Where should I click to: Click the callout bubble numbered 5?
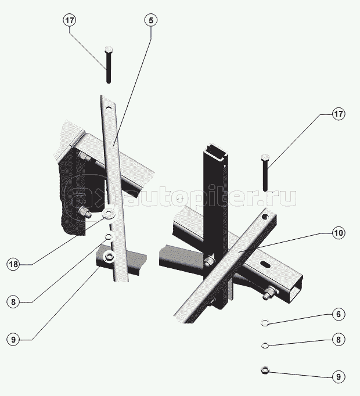click(x=151, y=20)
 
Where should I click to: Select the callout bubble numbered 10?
click(x=339, y=233)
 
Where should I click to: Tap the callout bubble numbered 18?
click(x=13, y=264)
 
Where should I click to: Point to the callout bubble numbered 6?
click(x=339, y=314)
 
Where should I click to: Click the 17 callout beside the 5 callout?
click(x=70, y=20)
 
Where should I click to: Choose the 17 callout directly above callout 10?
click(x=339, y=114)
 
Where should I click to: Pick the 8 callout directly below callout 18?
click(x=13, y=302)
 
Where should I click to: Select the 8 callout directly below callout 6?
click(x=339, y=340)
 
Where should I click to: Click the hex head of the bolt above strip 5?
click(x=109, y=49)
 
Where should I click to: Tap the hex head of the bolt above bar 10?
click(x=265, y=157)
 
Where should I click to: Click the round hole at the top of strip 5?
click(x=109, y=109)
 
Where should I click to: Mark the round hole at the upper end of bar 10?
click(x=265, y=217)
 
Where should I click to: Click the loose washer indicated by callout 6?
click(x=265, y=322)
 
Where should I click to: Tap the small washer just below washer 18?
click(x=109, y=237)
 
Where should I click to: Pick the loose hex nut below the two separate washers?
click(x=265, y=370)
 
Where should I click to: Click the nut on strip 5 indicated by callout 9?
click(x=109, y=257)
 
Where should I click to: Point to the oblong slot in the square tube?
click(x=265, y=264)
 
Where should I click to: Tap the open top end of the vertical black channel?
click(x=215, y=151)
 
